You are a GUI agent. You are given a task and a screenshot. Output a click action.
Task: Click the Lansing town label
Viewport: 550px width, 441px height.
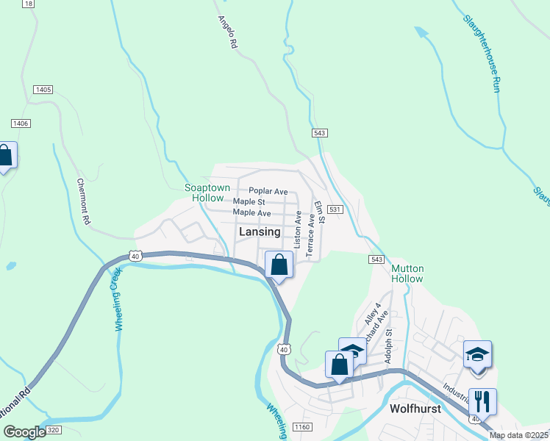[x=260, y=232]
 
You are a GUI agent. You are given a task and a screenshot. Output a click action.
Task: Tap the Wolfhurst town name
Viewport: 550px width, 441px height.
[x=415, y=409]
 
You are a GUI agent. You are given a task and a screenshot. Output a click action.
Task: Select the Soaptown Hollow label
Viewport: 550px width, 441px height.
[x=207, y=193]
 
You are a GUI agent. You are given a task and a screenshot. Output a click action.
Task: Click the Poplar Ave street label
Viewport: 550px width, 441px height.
[x=268, y=191]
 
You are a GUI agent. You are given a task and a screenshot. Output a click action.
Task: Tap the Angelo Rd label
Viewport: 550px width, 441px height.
[x=228, y=33]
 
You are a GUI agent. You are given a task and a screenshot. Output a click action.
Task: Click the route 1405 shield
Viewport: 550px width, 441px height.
[x=43, y=90]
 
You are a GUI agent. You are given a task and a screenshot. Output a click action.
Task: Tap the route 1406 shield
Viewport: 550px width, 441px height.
[x=21, y=123]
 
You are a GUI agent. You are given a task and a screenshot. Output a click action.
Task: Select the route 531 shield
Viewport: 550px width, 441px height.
[x=335, y=210]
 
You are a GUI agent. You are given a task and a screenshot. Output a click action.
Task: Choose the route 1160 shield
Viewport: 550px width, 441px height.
[x=303, y=427]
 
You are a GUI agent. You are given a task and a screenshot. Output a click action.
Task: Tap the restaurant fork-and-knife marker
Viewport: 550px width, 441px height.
[x=482, y=401]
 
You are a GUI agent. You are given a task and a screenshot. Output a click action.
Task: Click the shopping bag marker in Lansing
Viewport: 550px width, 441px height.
[x=279, y=265]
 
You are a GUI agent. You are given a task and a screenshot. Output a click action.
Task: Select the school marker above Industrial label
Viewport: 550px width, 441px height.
[x=476, y=354]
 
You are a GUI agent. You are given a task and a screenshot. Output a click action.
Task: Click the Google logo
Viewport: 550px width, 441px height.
[x=24, y=432]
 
